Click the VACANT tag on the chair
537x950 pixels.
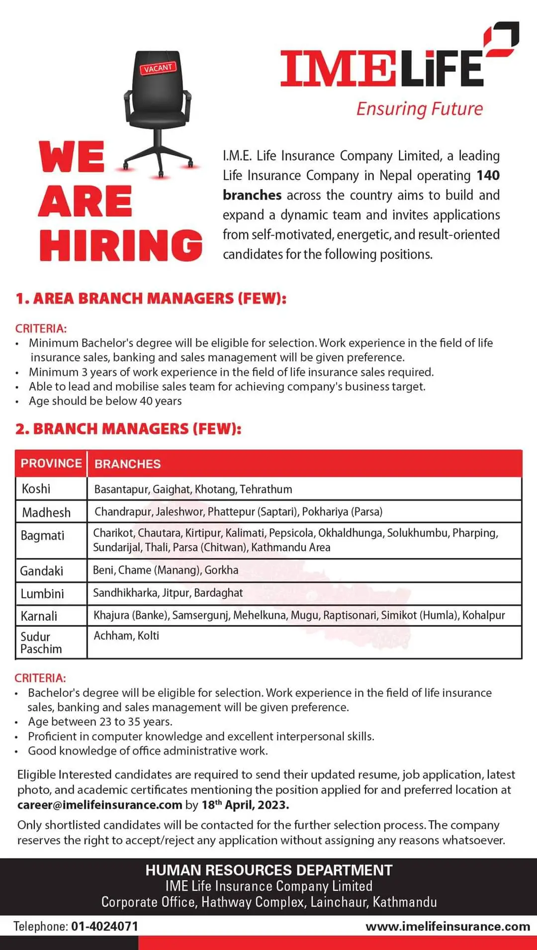(x=158, y=68)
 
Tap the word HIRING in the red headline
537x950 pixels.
(x=121, y=245)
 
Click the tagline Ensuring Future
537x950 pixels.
(x=419, y=109)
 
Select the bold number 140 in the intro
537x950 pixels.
(x=488, y=176)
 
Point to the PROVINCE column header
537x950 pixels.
(x=51, y=463)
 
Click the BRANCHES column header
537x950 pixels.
(x=127, y=464)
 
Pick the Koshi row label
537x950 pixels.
(x=36, y=489)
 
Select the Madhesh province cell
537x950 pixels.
(x=46, y=512)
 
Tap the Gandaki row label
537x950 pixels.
(x=41, y=571)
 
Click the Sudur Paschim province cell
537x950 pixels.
(x=41, y=643)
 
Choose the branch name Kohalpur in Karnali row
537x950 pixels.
(x=483, y=615)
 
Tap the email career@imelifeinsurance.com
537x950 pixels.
(x=99, y=805)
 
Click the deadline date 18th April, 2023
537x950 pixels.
(x=245, y=805)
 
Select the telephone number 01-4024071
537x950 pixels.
(x=104, y=926)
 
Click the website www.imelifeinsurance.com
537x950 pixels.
(x=447, y=926)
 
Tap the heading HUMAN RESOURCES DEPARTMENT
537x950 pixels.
(x=268, y=870)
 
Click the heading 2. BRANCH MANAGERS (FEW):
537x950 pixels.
(x=128, y=429)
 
